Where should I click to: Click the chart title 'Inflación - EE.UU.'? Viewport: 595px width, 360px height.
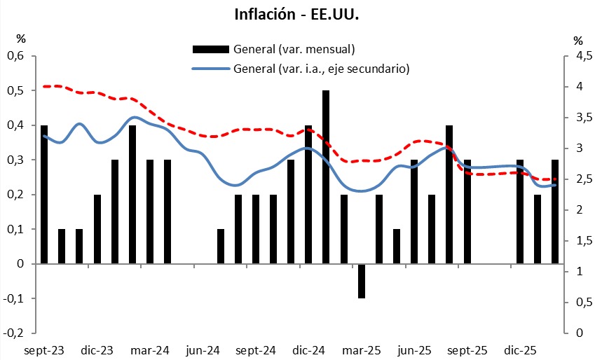point(297,15)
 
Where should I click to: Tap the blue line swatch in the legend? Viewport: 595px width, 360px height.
point(210,69)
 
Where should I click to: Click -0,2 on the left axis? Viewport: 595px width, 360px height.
point(15,333)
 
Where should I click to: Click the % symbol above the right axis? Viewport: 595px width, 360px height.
point(577,41)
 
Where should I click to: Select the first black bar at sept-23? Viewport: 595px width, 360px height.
point(44,194)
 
